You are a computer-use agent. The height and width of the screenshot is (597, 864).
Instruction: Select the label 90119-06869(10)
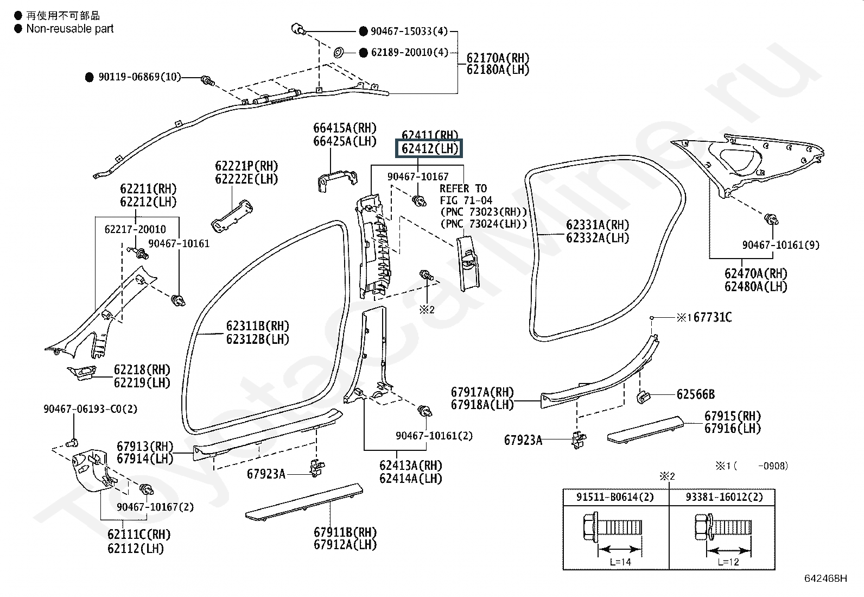[x=139, y=77]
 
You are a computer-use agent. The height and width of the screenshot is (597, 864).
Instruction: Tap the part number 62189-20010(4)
[x=410, y=52]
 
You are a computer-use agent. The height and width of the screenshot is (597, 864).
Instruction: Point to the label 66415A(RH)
[x=345, y=128]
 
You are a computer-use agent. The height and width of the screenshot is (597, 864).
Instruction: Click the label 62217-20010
[x=135, y=229]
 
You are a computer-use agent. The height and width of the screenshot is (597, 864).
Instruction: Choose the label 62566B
[x=696, y=394]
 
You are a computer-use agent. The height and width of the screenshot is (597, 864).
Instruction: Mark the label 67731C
[x=713, y=317]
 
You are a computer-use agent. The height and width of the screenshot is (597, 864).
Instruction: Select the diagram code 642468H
[x=826, y=578]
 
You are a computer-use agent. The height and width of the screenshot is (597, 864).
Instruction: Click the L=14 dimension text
[x=620, y=562]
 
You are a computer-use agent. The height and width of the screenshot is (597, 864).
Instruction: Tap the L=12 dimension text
[x=728, y=562]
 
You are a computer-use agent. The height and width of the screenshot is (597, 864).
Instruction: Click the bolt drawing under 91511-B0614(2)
[x=613, y=527]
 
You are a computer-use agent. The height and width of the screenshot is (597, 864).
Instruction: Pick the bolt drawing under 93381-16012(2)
[x=723, y=527]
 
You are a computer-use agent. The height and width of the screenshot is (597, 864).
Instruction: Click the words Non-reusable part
[x=70, y=29]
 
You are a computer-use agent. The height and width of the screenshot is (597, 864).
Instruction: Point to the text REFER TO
[x=463, y=188]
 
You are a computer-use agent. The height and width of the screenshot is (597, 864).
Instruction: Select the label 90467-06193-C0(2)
[x=90, y=409]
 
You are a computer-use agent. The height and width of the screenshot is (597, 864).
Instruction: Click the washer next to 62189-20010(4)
[x=339, y=52]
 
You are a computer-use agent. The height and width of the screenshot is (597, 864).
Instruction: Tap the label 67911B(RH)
[x=345, y=532]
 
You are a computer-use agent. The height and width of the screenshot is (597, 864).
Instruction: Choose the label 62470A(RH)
[x=756, y=273]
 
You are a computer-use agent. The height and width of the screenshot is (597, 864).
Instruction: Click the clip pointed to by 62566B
[x=643, y=397]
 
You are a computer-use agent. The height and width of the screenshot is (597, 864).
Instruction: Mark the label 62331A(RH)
[x=598, y=225]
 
